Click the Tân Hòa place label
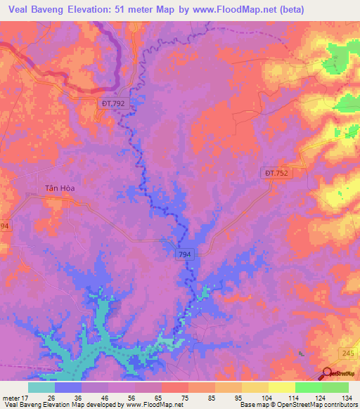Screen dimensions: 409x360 pos(60,188)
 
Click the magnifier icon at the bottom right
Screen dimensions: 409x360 pos(328,374)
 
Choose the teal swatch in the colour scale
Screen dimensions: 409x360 pos(41,387)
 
